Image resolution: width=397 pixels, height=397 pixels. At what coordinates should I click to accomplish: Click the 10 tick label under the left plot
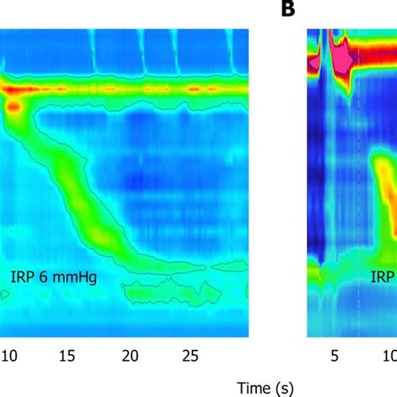click(8, 355)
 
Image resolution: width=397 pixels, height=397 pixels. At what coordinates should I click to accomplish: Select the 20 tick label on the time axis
click(130, 355)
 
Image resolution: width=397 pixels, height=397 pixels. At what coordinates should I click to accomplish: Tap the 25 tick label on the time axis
click(190, 355)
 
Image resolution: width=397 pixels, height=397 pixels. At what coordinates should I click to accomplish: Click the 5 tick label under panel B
click(333, 355)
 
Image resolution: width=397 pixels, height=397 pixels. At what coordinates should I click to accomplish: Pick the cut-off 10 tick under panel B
click(389, 355)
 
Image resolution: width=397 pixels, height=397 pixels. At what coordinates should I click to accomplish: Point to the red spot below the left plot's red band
click(14, 106)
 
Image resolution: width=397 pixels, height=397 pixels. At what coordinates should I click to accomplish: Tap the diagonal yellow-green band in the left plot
click(84, 201)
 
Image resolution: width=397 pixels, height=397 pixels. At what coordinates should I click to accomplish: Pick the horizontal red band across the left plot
click(126, 86)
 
